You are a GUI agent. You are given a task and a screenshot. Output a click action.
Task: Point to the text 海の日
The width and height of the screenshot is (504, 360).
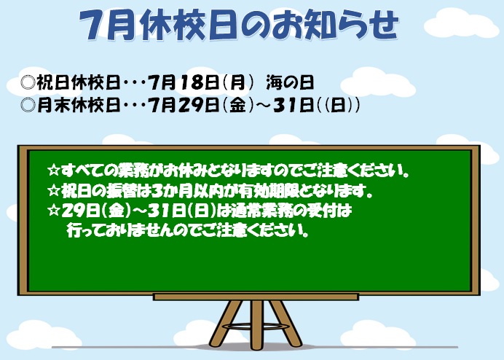[x=290, y=82]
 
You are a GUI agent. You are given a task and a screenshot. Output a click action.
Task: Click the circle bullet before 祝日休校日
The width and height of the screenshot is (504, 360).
[x=28, y=82]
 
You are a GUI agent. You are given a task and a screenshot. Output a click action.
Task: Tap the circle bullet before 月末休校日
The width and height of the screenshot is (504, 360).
[x=28, y=105]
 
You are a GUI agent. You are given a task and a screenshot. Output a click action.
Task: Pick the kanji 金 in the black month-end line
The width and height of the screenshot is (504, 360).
[x=237, y=105]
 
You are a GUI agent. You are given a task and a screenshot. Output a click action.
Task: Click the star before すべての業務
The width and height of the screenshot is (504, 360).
[x=53, y=171]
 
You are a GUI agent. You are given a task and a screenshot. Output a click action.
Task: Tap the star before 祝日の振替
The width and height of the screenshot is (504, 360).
[x=53, y=191]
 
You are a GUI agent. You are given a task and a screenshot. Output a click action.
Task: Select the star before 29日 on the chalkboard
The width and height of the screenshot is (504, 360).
[x=53, y=211]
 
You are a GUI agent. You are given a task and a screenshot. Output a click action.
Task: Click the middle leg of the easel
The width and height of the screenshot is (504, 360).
[x=256, y=324]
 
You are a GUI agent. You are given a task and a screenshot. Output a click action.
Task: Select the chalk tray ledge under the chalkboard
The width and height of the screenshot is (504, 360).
[x=256, y=297]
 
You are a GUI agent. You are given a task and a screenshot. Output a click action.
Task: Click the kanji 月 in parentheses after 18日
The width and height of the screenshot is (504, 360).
[x=237, y=82]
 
